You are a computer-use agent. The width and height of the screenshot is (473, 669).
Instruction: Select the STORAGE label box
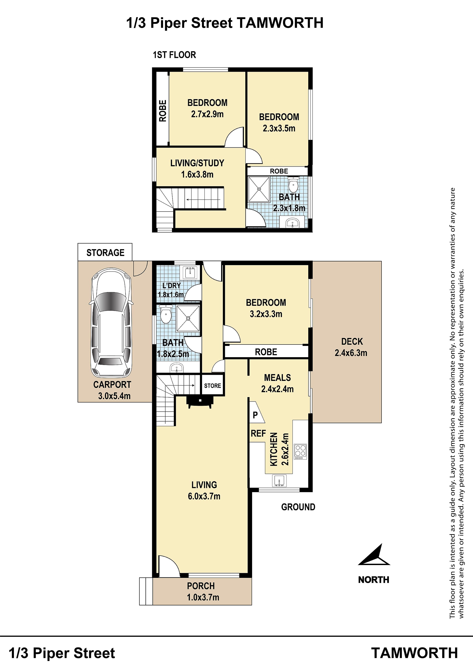pyautogui.click(x=105, y=252)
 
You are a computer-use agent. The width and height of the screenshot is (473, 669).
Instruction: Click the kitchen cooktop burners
pyautogui.click(x=300, y=452)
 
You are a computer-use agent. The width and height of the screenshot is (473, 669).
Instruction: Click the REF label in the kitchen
pyautogui.click(x=258, y=433)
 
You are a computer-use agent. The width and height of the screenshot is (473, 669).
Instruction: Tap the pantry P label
pyautogui.click(x=255, y=415)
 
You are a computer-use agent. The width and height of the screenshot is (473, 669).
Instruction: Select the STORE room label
pyautogui.click(x=212, y=385)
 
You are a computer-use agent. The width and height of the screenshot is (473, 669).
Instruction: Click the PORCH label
pyautogui.click(x=201, y=586)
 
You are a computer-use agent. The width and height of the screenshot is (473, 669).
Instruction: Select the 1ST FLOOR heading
pyautogui.click(x=174, y=55)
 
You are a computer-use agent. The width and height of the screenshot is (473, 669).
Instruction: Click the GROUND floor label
pyautogui.click(x=298, y=507)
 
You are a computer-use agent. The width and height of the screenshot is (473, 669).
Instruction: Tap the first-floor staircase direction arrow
pyautogui.click(x=204, y=200)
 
